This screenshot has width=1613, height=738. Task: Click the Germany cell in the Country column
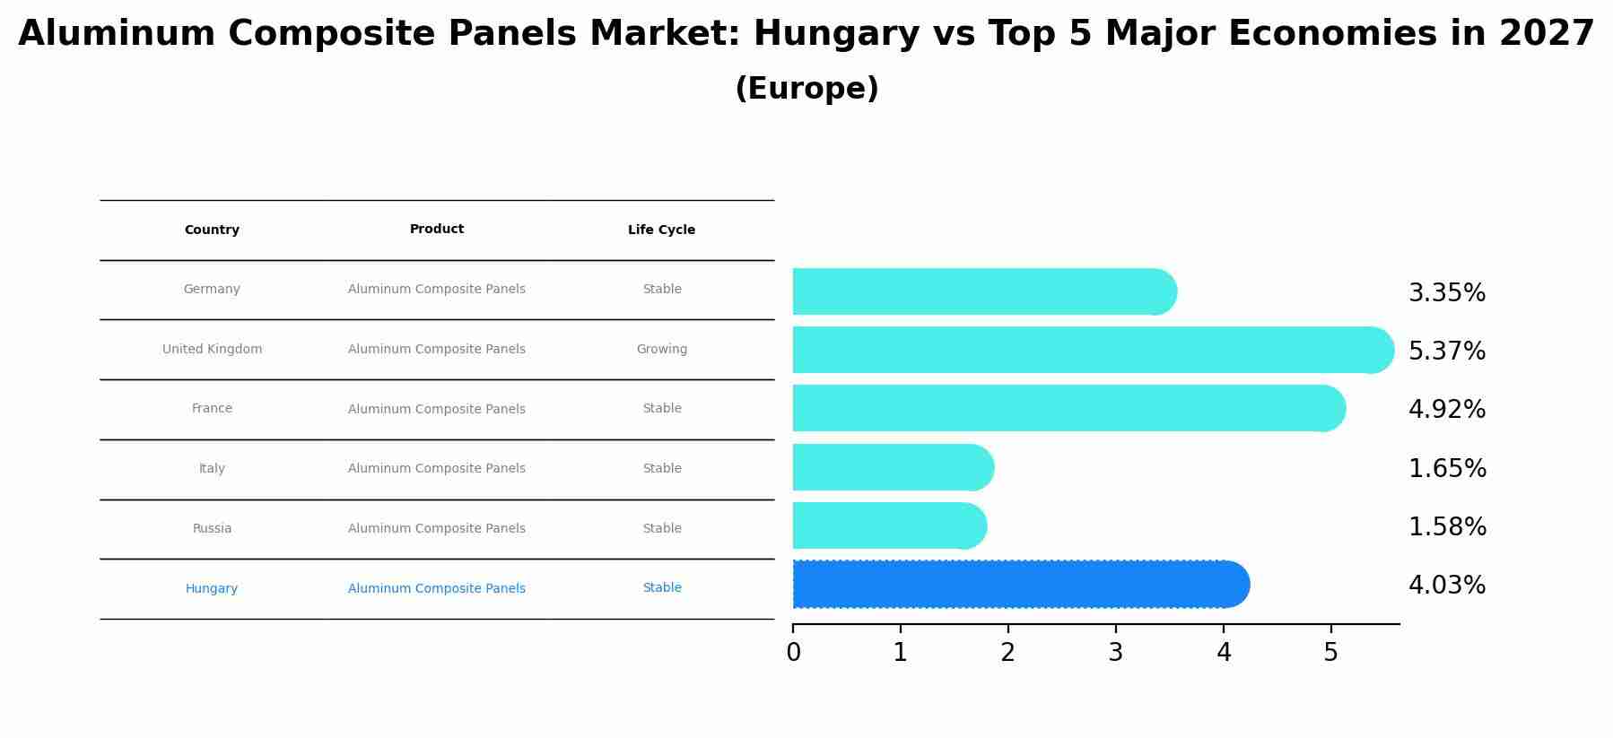(x=212, y=290)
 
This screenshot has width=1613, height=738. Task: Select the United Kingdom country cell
(x=212, y=350)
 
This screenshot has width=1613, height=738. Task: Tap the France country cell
(x=212, y=409)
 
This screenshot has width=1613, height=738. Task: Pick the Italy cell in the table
(x=212, y=469)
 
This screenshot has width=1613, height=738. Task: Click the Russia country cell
(x=212, y=529)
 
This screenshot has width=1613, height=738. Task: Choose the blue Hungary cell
(x=212, y=589)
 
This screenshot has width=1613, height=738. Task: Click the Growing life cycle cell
(x=662, y=350)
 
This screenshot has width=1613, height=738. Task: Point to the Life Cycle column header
(x=661, y=230)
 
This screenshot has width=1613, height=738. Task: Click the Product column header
(x=437, y=230)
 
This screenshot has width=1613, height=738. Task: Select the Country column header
(x=212, y=230)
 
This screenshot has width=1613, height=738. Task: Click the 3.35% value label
(x=1447, y=293)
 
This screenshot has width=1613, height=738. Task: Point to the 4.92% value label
(x=1447, y=410)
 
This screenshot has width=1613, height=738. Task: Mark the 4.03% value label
(x=1447, y=586)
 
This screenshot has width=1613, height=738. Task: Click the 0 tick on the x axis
(x=793, y=653)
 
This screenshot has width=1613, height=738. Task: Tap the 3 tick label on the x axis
(x=1115, y=653)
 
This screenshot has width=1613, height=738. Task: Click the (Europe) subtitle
(x=806, y=89)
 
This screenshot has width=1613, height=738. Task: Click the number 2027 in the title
(x=1547, y=34)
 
